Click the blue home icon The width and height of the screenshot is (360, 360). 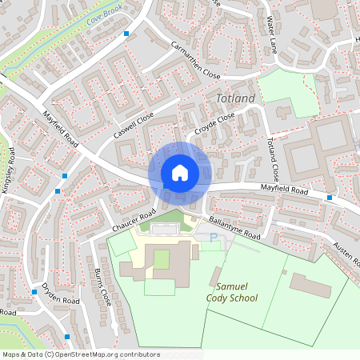pos(180,173)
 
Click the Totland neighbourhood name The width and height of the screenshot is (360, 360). pos(235,98)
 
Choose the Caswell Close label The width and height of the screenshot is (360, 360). pos(134,126)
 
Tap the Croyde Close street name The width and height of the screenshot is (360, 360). pos(214,125)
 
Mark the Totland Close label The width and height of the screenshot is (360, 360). pos(272,159)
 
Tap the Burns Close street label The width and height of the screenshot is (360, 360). pos(104,286)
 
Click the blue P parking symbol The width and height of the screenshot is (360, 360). pos(213,237)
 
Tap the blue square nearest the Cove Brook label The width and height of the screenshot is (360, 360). pos(127,34)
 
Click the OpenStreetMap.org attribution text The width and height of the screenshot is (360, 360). pos(81,354)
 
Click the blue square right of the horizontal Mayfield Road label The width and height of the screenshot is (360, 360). pos(330,197)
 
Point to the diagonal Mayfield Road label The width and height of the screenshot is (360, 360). pos(60,130)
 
